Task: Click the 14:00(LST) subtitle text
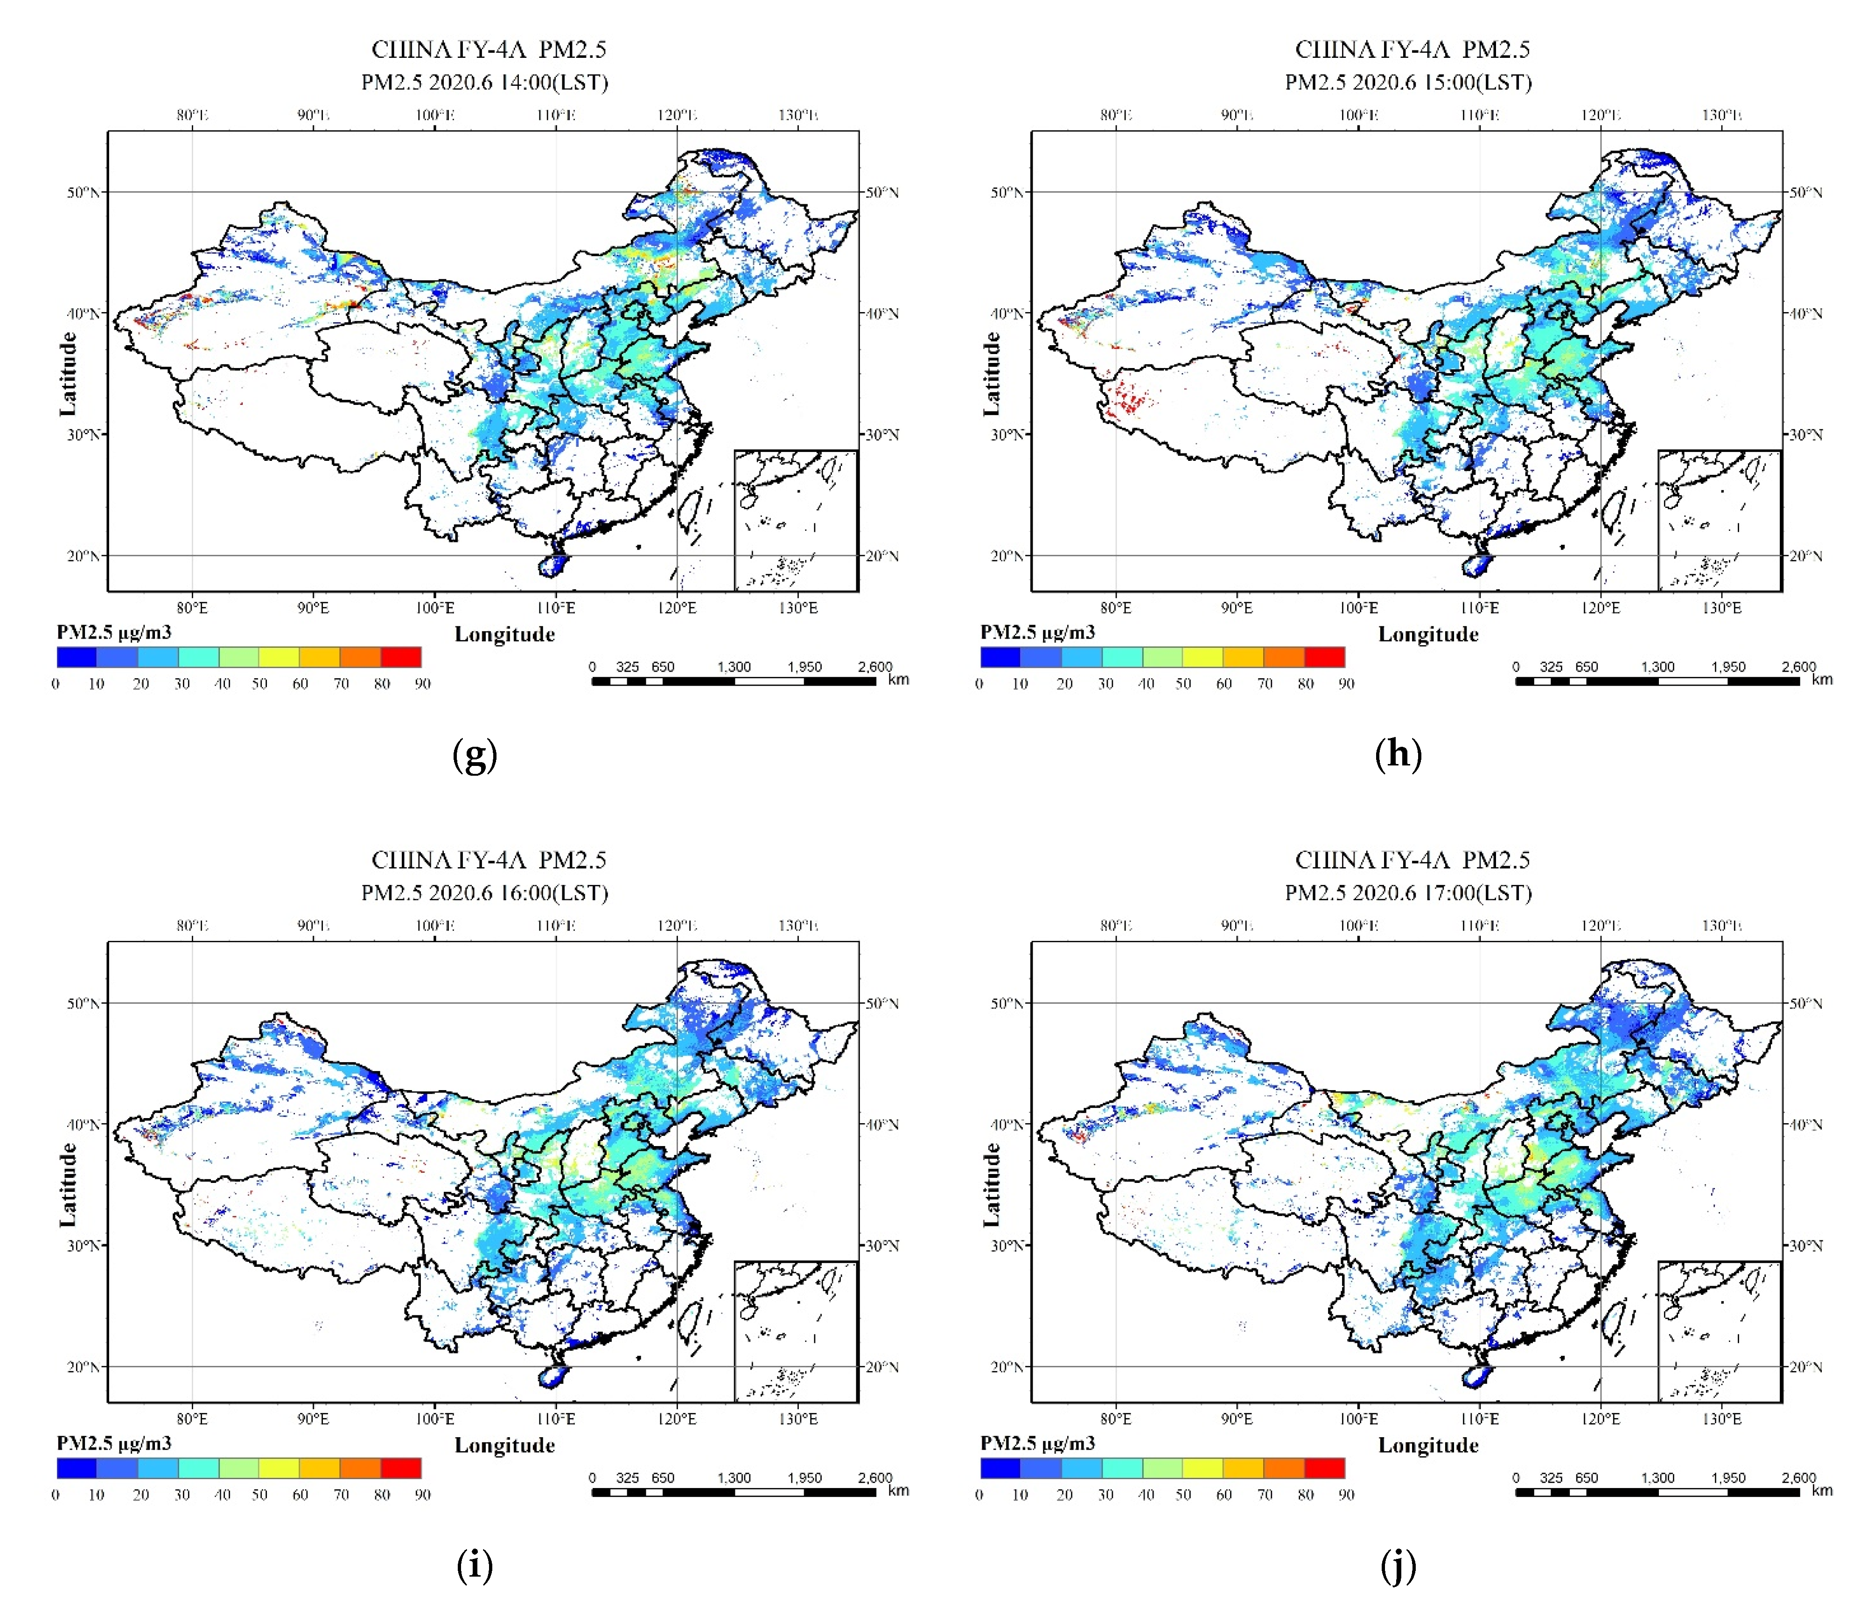(x=485, y=82)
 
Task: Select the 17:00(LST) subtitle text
(x=1408, y=893)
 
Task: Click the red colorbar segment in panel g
(x=401, y=657)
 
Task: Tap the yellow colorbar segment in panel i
(x=280, y=1467)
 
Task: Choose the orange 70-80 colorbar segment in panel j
(x=1284, y=1467)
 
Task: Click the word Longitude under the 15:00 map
(x=1428, y=634)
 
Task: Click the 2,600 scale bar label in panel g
(x=874, y=667)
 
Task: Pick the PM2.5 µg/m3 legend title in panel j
(x=1037, y=1443)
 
